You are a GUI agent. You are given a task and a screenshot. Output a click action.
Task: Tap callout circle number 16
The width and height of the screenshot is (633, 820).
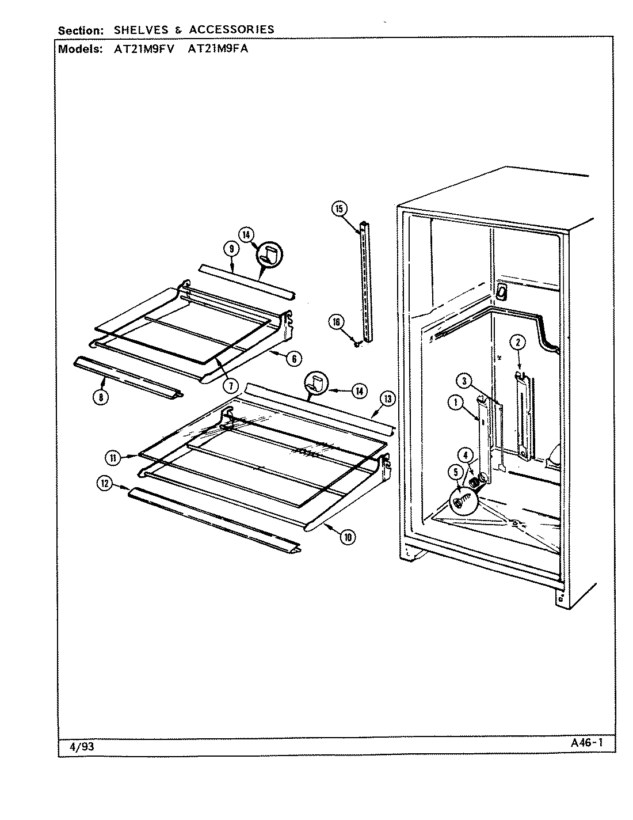point(336,322)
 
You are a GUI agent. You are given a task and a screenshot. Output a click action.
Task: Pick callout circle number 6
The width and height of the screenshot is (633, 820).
point(293,358)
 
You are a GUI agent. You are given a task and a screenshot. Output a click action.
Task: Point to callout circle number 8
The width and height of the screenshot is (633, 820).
point(101,397)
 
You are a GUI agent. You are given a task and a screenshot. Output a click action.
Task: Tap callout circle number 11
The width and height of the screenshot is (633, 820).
point(113,458)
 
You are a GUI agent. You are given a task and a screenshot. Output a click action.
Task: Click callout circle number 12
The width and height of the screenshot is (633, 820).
point(104,484)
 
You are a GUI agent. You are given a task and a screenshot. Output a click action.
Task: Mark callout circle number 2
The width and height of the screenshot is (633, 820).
point(517,343)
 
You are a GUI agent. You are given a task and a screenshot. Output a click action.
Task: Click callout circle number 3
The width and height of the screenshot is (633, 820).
point(464,381)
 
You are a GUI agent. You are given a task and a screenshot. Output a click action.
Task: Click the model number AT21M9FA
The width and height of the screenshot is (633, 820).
point(218,49)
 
